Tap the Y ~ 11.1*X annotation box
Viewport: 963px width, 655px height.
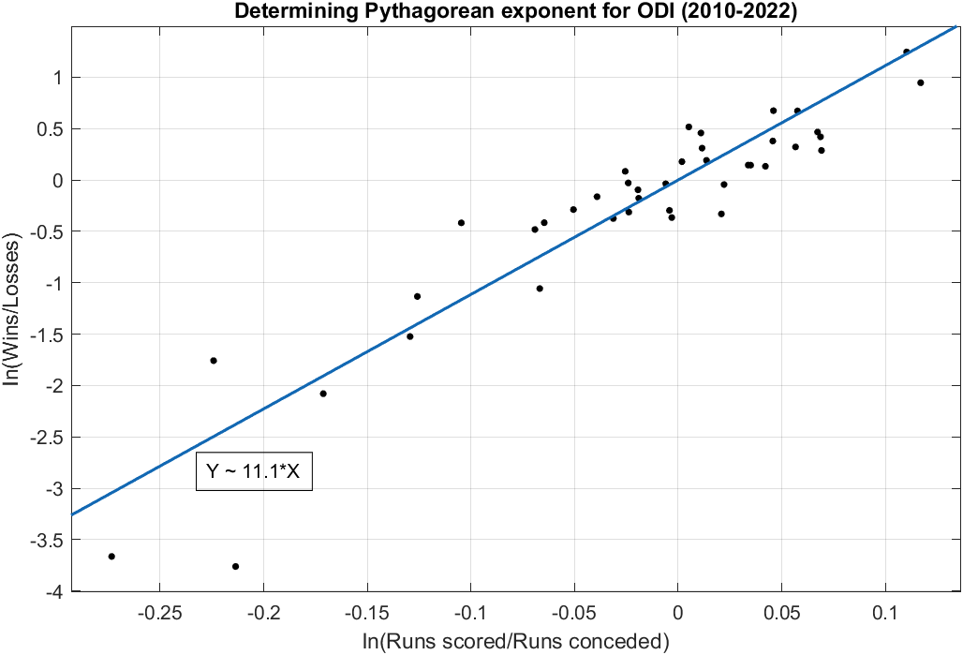(x=253, y=471)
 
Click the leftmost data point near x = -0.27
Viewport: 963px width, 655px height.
(x=111, y=557)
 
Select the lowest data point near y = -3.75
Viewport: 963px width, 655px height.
(x=235, y=566)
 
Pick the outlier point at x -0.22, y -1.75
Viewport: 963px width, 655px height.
(x=214, y=361)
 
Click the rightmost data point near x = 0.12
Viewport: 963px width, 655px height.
(x=921, y=82)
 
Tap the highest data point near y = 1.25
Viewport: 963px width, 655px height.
(x=906, y=52)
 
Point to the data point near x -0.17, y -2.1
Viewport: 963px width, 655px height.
(x=323, y=394)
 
